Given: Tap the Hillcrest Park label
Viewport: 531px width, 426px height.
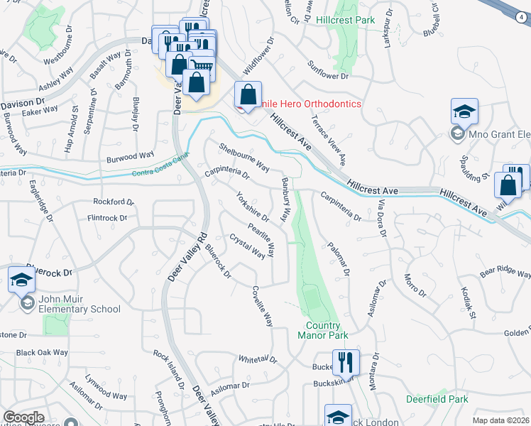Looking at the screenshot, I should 346,20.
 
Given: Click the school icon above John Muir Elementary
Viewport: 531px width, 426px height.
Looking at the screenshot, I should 22,281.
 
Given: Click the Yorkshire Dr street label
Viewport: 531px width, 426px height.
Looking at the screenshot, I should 253,206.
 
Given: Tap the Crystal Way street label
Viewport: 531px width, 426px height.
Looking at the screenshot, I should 246,247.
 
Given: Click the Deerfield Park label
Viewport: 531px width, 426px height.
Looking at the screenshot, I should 437,399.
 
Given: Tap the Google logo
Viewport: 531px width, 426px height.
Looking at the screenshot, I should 23,417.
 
